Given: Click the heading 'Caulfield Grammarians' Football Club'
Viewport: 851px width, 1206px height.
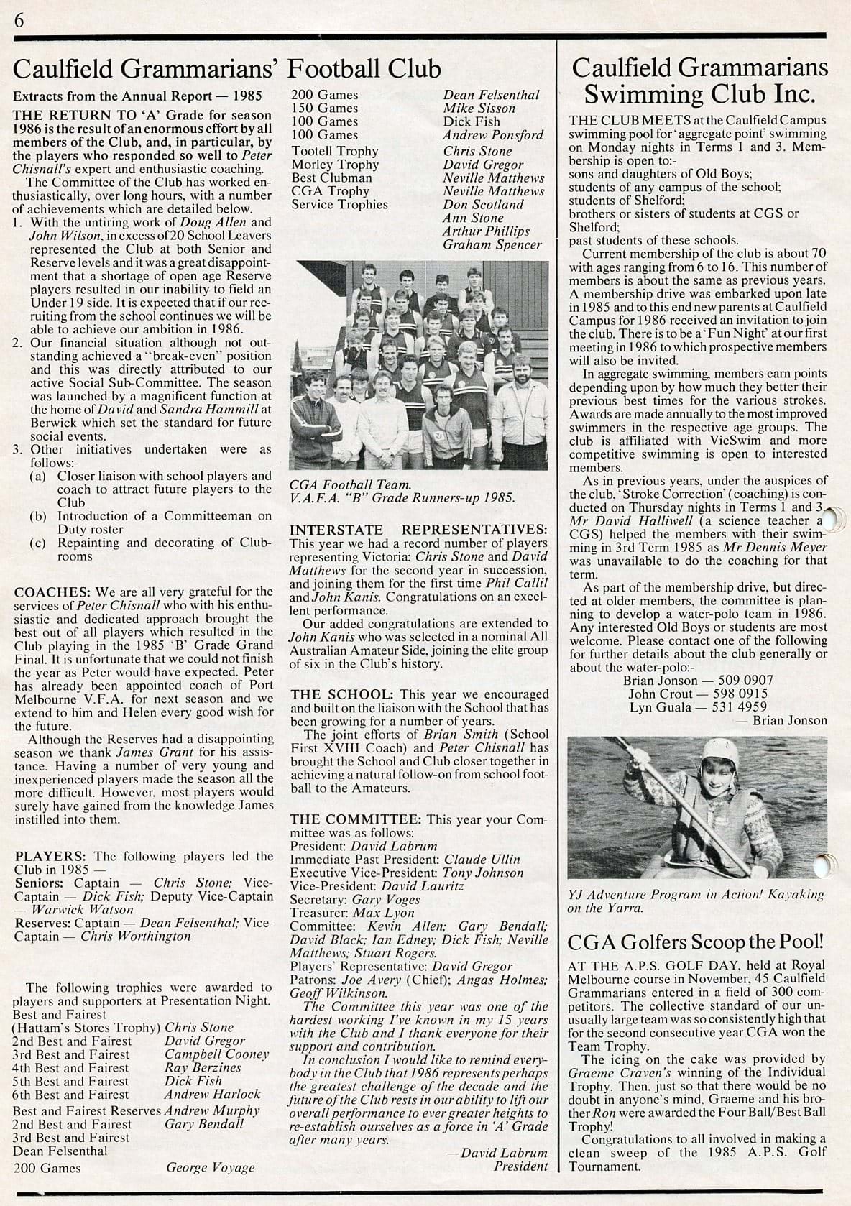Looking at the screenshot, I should (227, 69).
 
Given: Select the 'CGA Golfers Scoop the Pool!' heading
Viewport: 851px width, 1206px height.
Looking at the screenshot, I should (696, 942).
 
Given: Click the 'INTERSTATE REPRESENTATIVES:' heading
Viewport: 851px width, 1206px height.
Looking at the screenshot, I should (418, 530).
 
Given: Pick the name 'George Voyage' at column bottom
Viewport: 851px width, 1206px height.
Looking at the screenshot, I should (211, 1167).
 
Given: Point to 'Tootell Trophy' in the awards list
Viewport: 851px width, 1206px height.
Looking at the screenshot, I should (334, 151).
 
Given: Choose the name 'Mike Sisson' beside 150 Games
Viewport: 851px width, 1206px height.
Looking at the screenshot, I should (479, 109).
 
